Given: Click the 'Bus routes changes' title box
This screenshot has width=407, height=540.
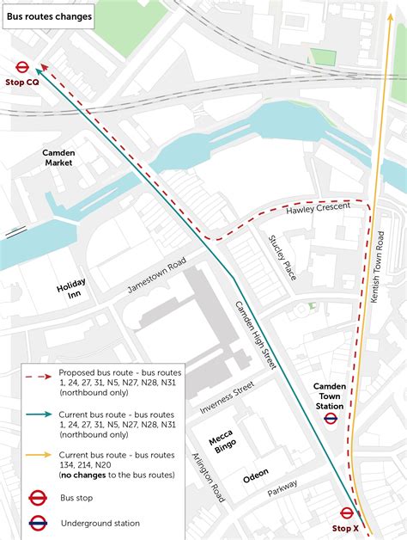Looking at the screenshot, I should point(47,15).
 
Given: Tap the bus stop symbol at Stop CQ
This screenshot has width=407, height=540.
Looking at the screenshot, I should point(23,67).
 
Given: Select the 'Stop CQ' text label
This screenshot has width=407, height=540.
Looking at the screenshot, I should point(22,83).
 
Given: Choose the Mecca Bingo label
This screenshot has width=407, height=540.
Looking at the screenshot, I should point(222,445).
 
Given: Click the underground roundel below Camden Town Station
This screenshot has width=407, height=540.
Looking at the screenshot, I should point(330,419).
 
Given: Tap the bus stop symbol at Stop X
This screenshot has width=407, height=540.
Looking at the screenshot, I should point(347,513).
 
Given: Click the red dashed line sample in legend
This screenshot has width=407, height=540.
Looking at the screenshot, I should point(38,377).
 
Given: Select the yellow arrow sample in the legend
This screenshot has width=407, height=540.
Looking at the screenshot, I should point(38,455).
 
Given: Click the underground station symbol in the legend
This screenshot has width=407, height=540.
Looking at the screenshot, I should point(38,522).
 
